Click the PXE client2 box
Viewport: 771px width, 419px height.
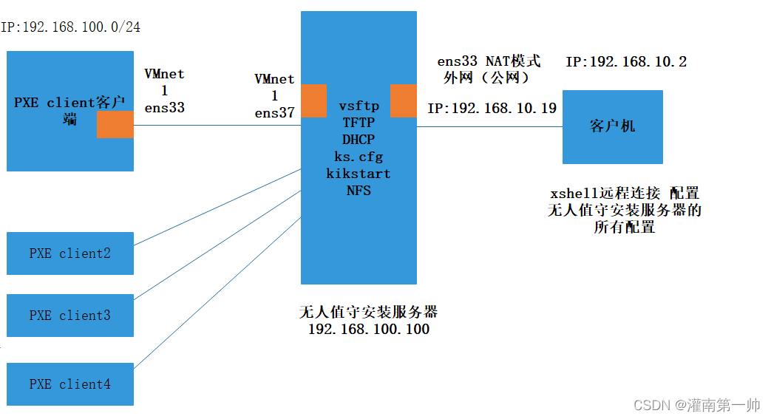pos(70,253)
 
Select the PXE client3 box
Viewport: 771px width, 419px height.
pos(70,316)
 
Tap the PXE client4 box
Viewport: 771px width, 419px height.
pos(70,384)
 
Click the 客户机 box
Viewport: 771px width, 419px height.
pos(612,126)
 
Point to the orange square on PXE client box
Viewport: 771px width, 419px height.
pos(115,125)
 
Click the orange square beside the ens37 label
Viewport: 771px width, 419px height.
pos(313,101)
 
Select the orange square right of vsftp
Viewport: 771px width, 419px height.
pos(404,101)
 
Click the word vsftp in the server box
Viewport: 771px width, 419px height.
pos(359,106)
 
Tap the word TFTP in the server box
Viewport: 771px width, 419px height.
pos(359,123)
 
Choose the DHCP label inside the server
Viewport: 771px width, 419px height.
pos(359,140)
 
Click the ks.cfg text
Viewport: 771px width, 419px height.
pos(359,157)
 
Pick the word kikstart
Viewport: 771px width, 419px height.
pos(359,174)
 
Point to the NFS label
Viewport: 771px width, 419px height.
pos(359,191)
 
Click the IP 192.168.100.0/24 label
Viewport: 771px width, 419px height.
pos(71,27)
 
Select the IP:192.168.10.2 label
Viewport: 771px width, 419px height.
pos(626,62)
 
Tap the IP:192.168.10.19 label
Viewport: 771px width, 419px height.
pos(492,109)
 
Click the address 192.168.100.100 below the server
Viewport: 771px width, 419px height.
pos(368,330)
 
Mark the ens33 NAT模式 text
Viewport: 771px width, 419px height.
pos(489,61)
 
